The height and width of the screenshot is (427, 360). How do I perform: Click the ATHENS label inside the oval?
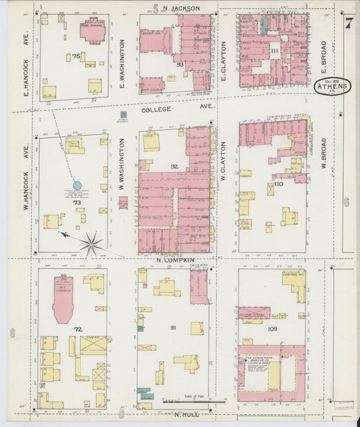tap(332, 86)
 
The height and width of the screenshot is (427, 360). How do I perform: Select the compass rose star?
tap(91, 243)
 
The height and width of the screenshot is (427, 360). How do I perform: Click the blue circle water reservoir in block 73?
tap(77, 184)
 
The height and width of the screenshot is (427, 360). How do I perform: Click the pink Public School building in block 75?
tap(93, 30)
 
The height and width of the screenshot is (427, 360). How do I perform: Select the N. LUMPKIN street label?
tap(176, 260)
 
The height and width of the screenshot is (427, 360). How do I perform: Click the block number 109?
tap(272, 329)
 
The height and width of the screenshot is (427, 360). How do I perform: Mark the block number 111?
tap(274, 51)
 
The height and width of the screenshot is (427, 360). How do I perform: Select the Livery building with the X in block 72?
tap(93, 345)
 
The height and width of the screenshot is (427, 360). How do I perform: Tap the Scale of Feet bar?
tap(193, 401)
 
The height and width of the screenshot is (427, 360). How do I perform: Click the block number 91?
tap(174, 328)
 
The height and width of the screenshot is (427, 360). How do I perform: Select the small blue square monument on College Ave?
tap(124, 116)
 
